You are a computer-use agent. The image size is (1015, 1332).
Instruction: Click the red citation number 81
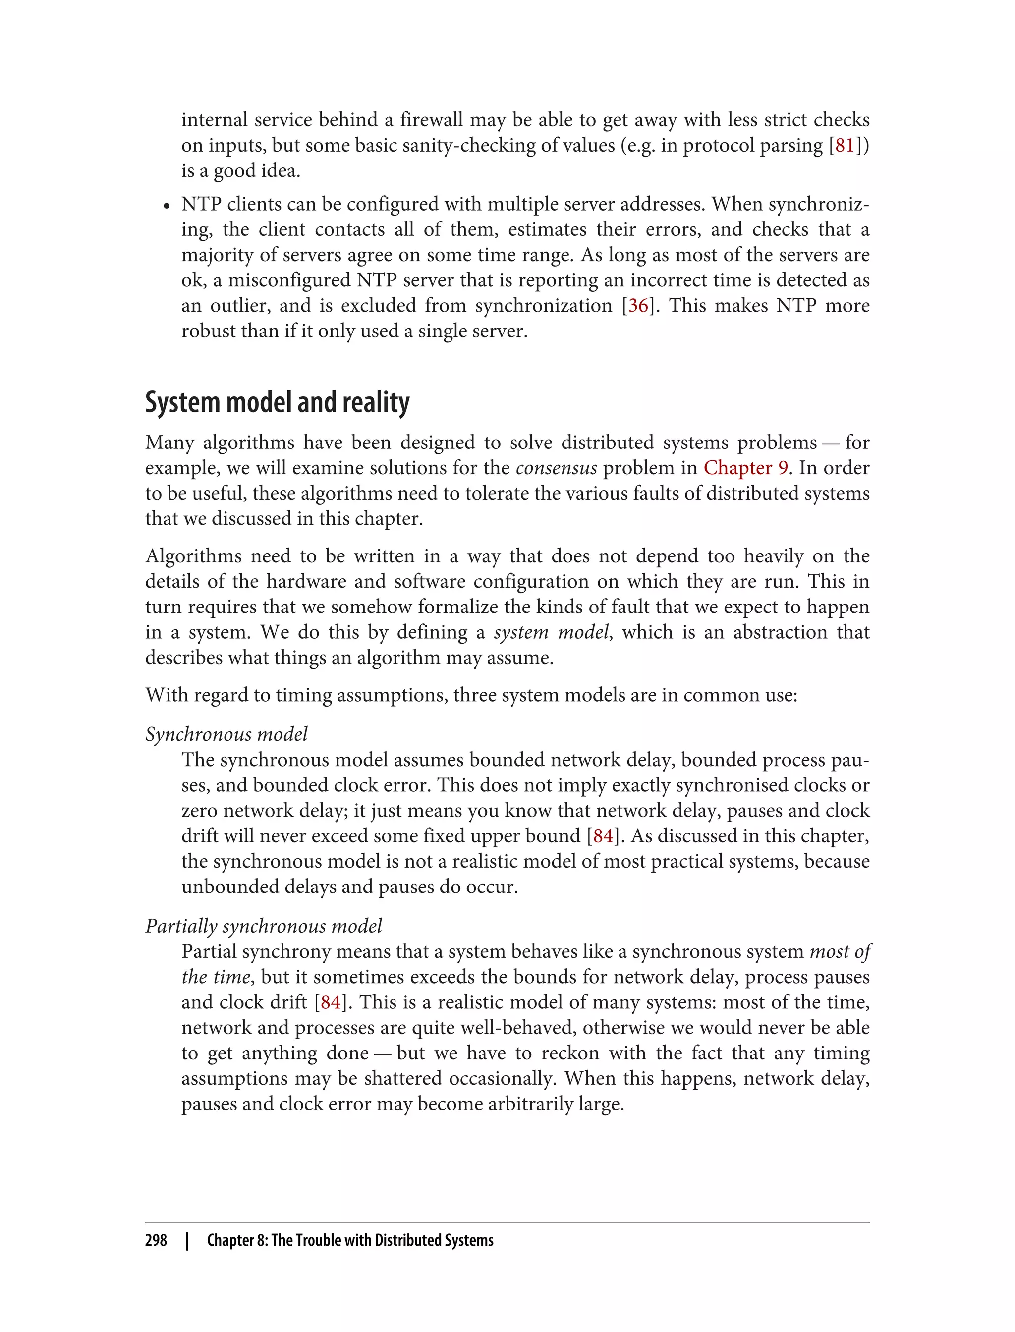(x=844, y=145)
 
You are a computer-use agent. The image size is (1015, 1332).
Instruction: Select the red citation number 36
(x=639, y=305)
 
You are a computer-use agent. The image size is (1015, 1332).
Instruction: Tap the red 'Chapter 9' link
(x=745, y=468)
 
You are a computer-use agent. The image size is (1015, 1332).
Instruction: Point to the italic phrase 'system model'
(x=551, y=632)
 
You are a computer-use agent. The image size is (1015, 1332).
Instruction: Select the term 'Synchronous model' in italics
(x=226, y=734)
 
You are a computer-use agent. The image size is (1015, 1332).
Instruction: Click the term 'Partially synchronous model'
(x=264, y=926)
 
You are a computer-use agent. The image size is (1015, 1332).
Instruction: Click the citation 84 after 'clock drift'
(x=331, y=1002)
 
